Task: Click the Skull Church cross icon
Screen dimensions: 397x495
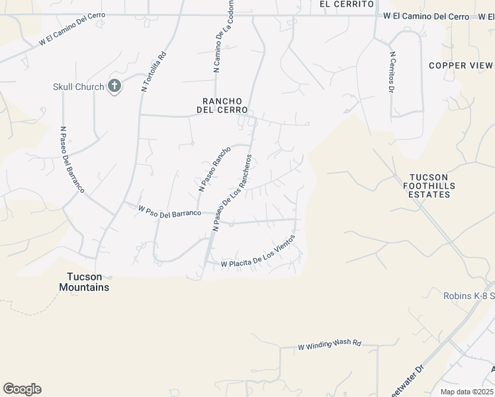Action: (x=114, y=86)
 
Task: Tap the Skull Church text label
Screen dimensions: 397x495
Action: (x=79, y=87)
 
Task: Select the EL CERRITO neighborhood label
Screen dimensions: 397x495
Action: (x=342, y=4)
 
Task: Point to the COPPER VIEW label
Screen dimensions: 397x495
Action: (x=461, y=66)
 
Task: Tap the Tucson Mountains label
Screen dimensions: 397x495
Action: (x=84, y=282)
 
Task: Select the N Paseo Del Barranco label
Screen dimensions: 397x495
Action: (x=73, y=159)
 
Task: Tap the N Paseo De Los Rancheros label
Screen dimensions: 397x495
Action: (x=232, y=193)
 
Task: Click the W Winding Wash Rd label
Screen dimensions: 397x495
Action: (x=330, y=345)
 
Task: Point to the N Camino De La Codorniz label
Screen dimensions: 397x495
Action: (x=223, y=44)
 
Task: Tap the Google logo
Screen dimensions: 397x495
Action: (x=22, y=389)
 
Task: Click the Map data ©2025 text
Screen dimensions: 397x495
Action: (x=467, y=392)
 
